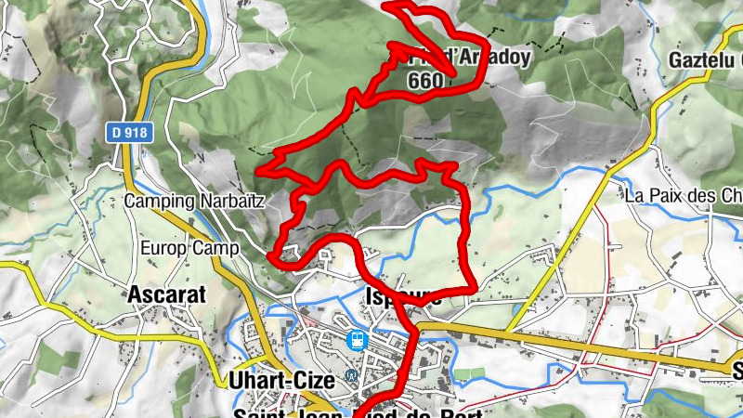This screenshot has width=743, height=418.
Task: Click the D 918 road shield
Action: [x=128, y=133]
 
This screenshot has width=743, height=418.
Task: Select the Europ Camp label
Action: [x=189, y=248]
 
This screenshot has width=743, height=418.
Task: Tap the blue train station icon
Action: [x=354, y=340]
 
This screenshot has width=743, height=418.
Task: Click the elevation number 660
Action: [x=425, y=80]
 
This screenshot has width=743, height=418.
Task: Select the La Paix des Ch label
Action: [x=683, y=196]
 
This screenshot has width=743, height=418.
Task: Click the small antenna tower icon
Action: [x=350, y=375]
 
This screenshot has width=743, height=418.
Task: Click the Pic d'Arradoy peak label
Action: [x=459, y=58]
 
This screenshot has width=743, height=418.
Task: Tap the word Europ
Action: [x=164, y=248]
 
